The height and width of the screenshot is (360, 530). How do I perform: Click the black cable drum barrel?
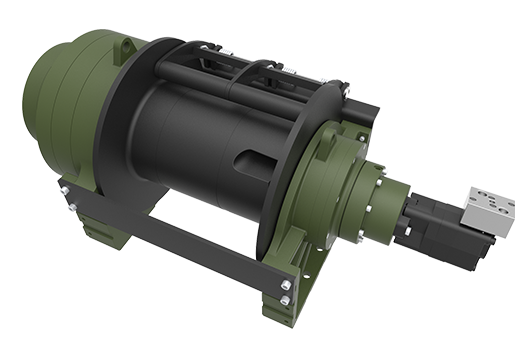tap(200, 140)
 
